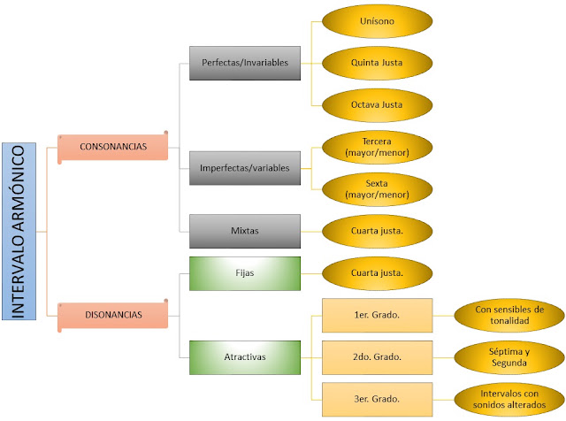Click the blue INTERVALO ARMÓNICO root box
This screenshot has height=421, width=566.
19,231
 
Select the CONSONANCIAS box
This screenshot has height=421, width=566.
113,147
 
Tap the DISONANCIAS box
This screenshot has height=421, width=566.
113,315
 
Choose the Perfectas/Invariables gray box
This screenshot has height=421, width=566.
245,63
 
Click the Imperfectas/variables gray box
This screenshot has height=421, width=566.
245,168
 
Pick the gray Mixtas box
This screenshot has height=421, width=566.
245,231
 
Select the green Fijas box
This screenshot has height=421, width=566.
245,273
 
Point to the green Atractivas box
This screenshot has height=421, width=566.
245,357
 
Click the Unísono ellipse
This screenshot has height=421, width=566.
378,21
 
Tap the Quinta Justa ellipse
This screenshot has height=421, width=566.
378,63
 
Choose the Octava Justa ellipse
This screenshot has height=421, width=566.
378,105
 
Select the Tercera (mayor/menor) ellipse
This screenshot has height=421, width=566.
378,148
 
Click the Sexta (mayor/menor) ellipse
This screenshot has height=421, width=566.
378,189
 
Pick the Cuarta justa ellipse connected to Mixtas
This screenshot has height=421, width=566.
378,231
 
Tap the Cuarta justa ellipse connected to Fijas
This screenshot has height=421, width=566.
378,273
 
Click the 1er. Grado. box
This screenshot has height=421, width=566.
378,315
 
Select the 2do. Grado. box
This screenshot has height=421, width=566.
378,357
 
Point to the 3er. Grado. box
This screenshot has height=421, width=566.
378,400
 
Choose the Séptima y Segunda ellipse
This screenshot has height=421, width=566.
509,357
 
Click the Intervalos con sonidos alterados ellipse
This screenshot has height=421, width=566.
509,400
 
